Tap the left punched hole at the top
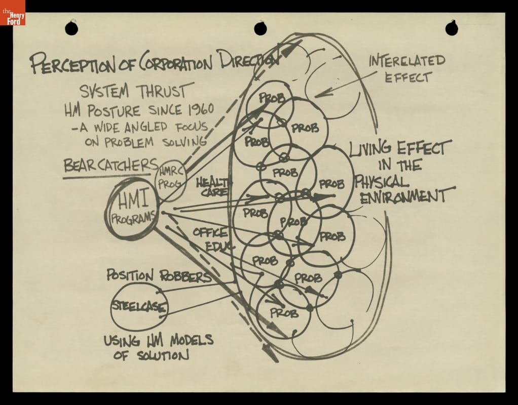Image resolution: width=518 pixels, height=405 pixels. (71, 28)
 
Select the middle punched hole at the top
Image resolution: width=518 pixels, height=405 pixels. (261, 28)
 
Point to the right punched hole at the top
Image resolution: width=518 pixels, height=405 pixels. (451, 28)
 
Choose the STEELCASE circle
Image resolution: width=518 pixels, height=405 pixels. (139, 307)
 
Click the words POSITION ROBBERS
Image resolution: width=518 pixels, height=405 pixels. (159, 276)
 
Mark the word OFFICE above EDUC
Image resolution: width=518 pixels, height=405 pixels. (209, 234)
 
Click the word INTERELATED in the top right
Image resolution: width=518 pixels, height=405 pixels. (406, 62)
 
